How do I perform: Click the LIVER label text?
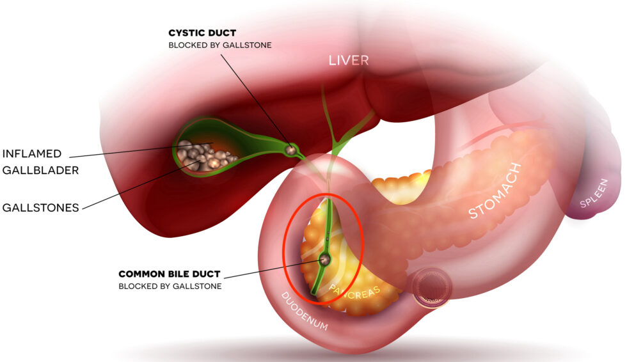348,60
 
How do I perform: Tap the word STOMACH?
495,191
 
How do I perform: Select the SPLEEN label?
594,193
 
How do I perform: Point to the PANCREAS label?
354,294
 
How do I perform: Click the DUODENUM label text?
305,311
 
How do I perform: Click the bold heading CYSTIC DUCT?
202,33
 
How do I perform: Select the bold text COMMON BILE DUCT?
170,274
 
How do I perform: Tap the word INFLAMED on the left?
32,154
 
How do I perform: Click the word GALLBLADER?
40,171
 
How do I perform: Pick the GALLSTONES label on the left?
40,208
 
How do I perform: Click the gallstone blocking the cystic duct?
291,150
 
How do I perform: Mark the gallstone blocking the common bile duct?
325,259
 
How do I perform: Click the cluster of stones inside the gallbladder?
204,157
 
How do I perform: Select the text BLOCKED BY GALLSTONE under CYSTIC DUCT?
220,45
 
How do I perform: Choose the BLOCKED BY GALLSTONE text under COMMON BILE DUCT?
170,287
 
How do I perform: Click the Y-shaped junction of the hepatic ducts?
335,145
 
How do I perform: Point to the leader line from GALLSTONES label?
141,185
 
